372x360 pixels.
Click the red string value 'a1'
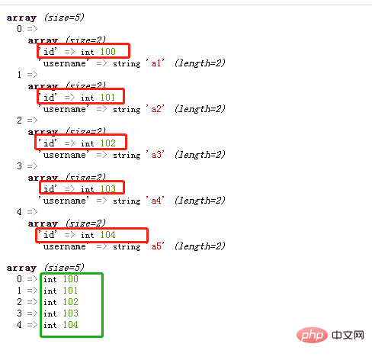click(155, 63)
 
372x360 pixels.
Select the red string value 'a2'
click(155, 109)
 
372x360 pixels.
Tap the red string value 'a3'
click(155, 155)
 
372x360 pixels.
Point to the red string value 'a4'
click(155, 201)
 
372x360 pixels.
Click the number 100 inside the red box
click(108, 52)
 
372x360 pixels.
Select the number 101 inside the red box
click(107, 98)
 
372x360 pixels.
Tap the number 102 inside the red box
click(108, 143)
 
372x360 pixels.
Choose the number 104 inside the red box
click(108, 235)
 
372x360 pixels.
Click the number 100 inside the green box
click(71, 279)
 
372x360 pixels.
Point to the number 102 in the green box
click(71, 302)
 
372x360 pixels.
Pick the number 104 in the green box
click(71, 325)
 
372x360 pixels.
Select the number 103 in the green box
click(71, 313)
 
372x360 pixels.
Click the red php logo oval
click(312, 335)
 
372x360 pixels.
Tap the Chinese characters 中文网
click(348, 335)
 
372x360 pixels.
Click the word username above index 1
click(65, 63)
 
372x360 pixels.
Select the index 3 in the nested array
click(19, 166)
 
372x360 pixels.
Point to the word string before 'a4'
click(127, 201)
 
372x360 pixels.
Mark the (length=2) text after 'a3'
click(200, 155)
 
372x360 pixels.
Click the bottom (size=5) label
click(64, 268)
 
